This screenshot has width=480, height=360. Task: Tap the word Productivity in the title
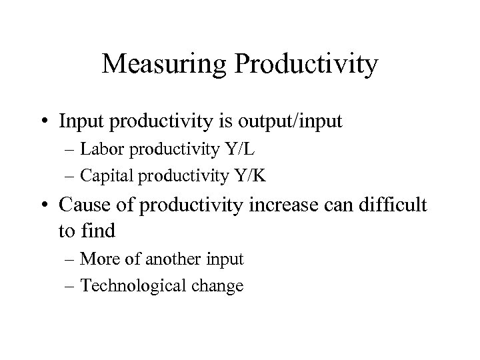(x=306, y=65)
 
